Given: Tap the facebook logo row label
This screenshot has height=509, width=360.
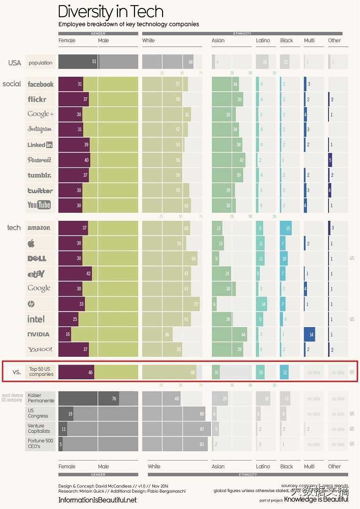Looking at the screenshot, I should pos(40,84).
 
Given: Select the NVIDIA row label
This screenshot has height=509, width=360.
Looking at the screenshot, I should pos(39,335).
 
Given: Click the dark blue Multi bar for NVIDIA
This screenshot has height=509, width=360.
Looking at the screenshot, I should pos(309,334).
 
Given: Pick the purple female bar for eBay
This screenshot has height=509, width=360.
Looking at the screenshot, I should pos(75,274).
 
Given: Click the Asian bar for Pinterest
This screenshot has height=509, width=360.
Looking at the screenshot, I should pos(228,160).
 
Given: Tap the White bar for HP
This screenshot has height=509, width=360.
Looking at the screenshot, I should pos(171,304).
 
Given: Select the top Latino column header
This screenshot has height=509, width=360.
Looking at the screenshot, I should pos(263,40).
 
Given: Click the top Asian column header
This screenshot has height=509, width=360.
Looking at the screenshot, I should pos(218,40).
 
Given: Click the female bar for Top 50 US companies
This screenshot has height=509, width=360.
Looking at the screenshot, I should pos(76,372).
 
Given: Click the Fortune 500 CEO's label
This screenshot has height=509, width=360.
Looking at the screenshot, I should pos(40,443).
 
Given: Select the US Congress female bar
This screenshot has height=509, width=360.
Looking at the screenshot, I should pos(66,414).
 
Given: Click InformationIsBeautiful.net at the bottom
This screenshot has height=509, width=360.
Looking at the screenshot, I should pos(97,500).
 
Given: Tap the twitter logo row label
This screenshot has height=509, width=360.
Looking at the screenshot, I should pos(40,190).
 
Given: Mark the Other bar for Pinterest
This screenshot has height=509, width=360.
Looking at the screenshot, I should pos(330,160).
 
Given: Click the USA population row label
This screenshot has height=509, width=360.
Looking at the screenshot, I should pos(40,63).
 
